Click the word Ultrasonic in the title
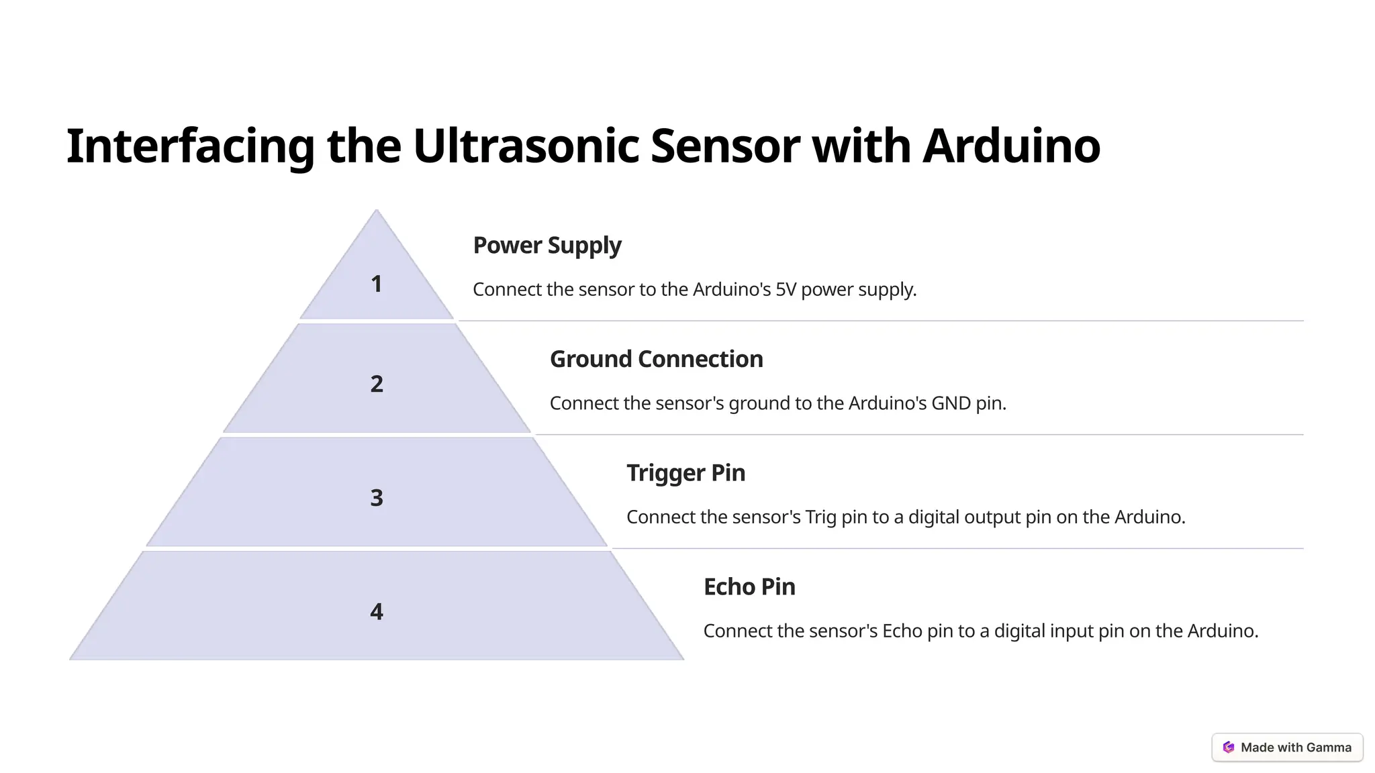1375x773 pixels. point(525,146)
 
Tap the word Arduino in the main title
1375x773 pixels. point(1011,146)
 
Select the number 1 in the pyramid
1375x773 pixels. point(377,284)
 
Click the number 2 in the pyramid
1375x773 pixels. point(377,384)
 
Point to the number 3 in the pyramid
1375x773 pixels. point(377,498)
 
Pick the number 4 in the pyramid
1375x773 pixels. point(377,611)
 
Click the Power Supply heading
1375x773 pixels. point(547,246)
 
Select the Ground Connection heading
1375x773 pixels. point(656,359)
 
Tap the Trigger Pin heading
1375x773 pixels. point(685,473)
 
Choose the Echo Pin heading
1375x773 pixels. point(749,587)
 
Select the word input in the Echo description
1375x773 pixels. point(1072,631)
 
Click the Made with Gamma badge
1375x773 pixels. point(1287,748)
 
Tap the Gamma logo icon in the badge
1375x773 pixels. point(1229,748)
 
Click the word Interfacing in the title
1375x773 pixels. point(190,146)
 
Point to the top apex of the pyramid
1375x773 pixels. point(376,211)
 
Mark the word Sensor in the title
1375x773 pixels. point(725,146)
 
